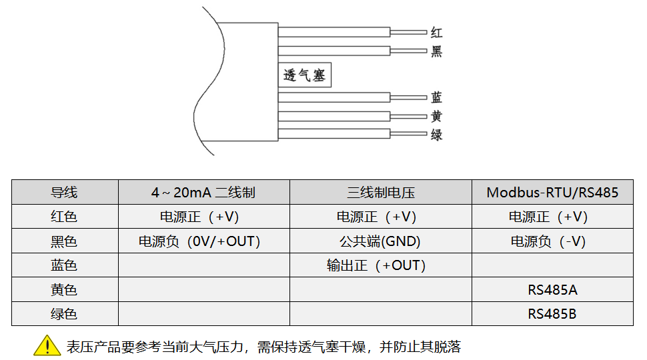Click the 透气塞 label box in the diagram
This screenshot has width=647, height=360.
304,75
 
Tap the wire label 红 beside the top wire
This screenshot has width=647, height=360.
436,32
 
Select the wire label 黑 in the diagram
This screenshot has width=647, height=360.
436,51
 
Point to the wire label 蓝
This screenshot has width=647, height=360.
436,97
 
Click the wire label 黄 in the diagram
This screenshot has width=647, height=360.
436,116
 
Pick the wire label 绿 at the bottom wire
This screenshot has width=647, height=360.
436,135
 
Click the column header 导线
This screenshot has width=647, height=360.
64,193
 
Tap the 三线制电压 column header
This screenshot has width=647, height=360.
380,193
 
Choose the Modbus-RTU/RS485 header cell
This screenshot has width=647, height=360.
552,193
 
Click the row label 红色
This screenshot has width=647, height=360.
64,217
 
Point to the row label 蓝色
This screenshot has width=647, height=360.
64,265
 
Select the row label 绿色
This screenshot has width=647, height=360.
64,314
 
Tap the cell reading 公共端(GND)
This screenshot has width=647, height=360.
380,241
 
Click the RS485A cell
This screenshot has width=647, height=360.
552,290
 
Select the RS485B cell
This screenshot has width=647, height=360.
552,314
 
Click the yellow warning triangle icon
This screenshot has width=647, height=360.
47,345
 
